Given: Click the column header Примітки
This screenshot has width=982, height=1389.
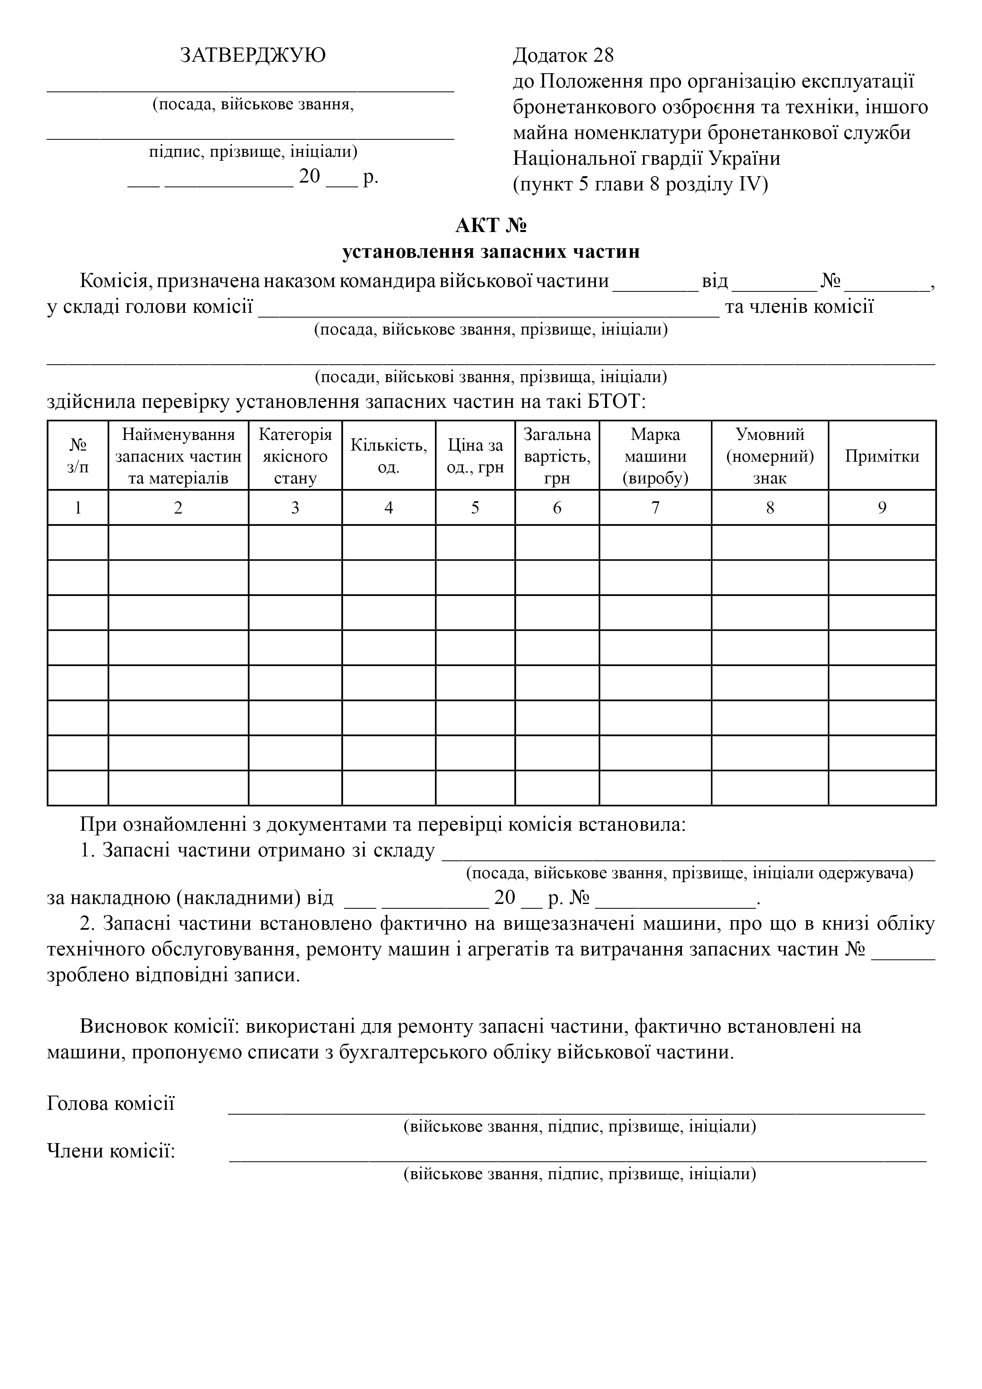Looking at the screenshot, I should (x=881, y=455).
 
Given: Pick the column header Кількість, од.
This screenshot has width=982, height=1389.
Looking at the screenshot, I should (x=388, y=455).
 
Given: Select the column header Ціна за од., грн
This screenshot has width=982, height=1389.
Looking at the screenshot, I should (x=475, y=455).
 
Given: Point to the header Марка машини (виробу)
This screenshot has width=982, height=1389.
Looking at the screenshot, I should (x=655, y=455).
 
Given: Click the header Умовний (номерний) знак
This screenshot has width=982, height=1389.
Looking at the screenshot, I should (x=770, y=455).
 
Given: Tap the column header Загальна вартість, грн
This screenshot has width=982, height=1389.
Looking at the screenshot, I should (x=557, y=455).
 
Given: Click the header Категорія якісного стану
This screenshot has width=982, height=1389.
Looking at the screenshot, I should (x=295, y=455).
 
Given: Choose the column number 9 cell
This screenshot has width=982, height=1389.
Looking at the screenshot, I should (x=881, y=508).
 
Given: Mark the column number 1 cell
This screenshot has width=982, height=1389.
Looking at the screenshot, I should (x=78, y=508).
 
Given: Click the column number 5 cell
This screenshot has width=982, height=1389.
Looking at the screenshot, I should (x=475, y=508).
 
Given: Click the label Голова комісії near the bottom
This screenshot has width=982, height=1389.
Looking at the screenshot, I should (x=111, y=1104).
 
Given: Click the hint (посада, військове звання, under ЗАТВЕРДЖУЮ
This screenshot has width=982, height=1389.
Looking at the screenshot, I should (x=253, y=104).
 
